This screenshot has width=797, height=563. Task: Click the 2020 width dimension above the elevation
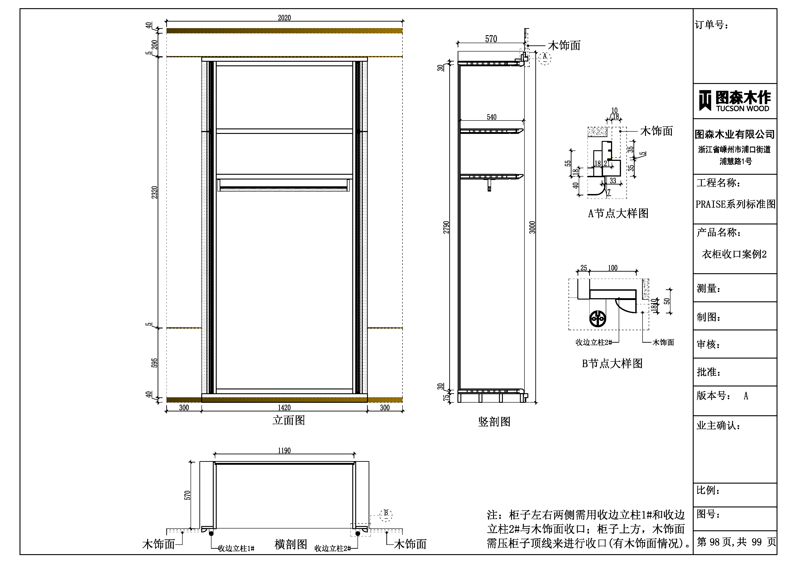284,18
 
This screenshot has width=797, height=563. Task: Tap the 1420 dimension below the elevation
284,408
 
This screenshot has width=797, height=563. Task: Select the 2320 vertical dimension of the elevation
154,192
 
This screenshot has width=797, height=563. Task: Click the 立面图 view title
289,420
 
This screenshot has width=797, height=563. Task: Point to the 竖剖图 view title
494,422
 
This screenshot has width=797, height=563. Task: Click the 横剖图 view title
291,544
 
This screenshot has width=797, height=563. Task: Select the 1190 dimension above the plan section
284,451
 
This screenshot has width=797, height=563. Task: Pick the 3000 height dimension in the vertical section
532,227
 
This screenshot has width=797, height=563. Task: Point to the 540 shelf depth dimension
492,117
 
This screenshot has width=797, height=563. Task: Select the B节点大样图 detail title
612,364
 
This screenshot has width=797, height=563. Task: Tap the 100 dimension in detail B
613,268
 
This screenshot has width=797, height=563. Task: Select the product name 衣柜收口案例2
734,254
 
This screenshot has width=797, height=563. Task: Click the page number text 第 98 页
715,542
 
